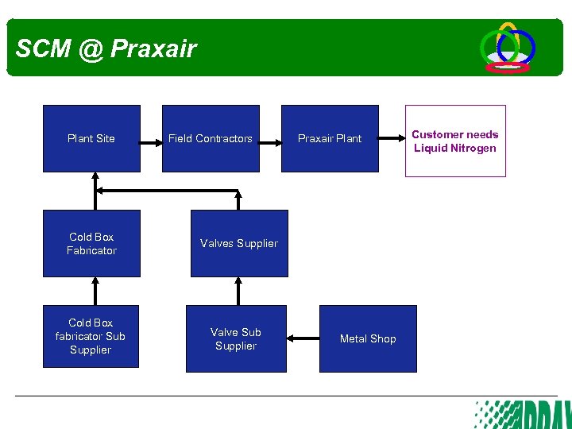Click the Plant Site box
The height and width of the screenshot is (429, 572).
click(91, 138)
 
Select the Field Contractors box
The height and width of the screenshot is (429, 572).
click(211, 138)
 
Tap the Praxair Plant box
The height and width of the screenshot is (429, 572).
click(330, 138)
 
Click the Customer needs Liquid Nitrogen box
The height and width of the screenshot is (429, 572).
click(455, 141)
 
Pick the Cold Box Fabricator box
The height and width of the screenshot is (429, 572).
click(91, 243)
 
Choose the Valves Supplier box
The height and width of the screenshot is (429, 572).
click(239, 243)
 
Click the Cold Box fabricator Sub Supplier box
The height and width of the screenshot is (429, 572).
click(91, 336)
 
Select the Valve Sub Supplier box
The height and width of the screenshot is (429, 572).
click(236, 338)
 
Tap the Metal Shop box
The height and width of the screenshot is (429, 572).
click(368, 338)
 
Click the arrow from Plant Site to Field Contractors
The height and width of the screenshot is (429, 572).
click(151, 143)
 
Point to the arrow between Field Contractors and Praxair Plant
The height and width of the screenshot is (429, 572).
click(270, 143)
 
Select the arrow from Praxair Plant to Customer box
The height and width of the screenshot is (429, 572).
click(392, 138)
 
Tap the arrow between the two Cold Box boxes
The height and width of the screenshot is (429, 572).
click(95, 291)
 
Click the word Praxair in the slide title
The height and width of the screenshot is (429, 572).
click(153, 49)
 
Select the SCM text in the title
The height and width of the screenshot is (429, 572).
click(43, 49)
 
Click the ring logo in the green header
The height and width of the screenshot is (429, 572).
click(507, 48)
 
